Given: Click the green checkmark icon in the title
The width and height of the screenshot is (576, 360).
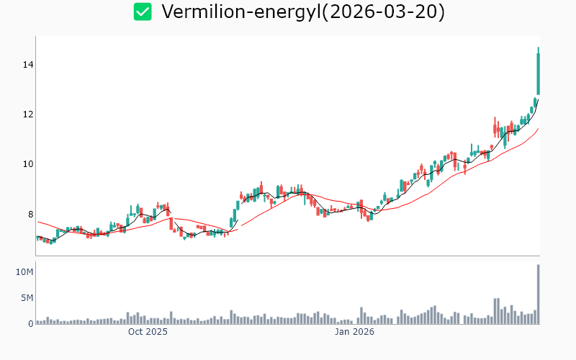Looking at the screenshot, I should click(x=143, y=12).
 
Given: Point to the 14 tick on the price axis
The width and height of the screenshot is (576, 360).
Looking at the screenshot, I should click(x=27, y=65).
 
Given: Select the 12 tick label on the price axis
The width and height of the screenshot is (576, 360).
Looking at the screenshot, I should click(x=27, y=114).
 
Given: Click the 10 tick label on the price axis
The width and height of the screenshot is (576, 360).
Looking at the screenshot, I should click(x=27, y=164).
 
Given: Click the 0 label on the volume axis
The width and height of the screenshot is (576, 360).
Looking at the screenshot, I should click(x=30, y=324).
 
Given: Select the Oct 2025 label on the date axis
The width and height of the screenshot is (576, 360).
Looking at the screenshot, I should click(x=148, y=332).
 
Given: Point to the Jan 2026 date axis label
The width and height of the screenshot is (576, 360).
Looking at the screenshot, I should click(x=354, y=332).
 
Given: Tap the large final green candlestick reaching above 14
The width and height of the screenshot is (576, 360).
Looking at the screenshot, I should click(x=538, y=72).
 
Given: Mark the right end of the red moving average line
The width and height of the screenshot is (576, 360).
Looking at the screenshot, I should click(x=539, y=129).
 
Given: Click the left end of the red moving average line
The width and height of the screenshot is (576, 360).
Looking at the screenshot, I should click(x=37, y=222).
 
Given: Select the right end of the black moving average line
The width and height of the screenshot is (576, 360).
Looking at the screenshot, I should click(x=538, y=100).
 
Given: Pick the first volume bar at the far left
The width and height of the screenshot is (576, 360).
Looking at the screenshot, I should click(x=37, y=322).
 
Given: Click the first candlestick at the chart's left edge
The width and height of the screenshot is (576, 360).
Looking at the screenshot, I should click(x=37, y=237).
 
